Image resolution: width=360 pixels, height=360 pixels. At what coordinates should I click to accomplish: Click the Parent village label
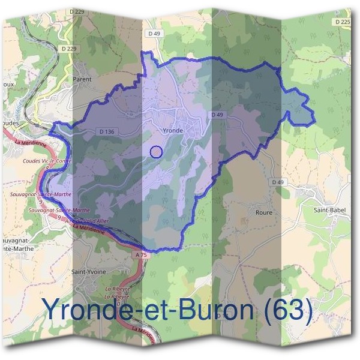coord(82,79)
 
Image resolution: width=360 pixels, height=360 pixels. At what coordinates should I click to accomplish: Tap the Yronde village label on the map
coord(172,129)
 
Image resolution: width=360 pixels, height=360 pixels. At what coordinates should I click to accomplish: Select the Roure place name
coord(263,212)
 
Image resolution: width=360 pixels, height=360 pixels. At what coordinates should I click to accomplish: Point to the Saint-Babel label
coord(328,211)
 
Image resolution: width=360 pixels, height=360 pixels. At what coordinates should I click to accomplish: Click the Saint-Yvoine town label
coord(89,271)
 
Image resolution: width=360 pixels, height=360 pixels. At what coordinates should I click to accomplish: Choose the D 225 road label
coord(343,22)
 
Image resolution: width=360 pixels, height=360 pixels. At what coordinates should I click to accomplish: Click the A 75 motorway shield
coord(141,255)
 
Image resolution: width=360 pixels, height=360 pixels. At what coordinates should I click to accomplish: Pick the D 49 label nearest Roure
coord(277,182)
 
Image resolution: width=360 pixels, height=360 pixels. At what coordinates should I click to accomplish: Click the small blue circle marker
coord(156,152)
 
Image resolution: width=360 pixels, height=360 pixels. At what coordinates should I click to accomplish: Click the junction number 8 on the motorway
coord(47,169)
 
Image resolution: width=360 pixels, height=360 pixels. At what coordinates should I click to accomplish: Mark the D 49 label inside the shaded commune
coord(217,115)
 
